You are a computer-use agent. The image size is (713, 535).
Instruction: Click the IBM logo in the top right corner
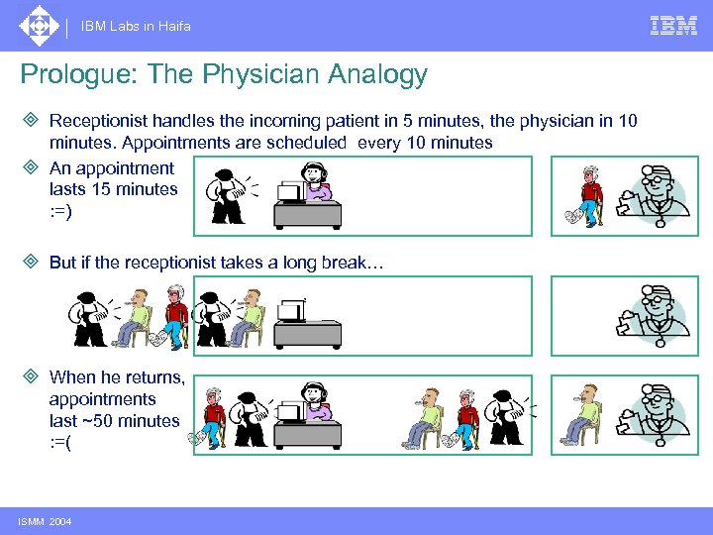[x=673, y=26]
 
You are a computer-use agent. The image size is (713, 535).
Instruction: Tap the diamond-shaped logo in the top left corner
[x=39, y=26]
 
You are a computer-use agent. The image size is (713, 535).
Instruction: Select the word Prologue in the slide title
[x=69, y=75]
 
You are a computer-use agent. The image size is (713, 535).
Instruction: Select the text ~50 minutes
[x=114, y=420]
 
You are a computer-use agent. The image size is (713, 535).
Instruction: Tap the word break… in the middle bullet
[x=366, y=264]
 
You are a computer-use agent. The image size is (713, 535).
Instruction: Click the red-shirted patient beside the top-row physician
[x=590, y=194]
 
